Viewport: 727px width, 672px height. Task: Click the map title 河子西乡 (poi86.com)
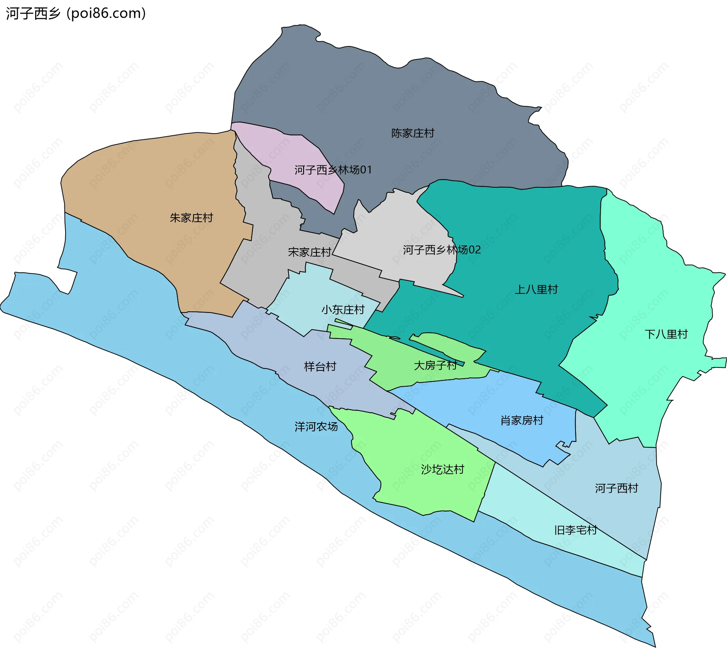[76, 14]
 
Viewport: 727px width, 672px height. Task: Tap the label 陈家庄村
[412, 133]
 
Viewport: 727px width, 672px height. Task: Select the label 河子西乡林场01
[333, 170]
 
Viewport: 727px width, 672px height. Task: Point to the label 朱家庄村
[191, 218]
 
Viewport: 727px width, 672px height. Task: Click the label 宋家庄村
[309, 252]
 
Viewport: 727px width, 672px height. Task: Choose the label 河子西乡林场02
[442, 250]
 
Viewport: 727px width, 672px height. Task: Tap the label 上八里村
[536, 289]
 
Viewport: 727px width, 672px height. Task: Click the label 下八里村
[666, 334]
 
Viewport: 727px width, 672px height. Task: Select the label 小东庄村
[343, 310]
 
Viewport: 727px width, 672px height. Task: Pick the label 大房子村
[435, 365]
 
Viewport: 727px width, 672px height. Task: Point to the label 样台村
[320, 367]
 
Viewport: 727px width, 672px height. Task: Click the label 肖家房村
[521, 420]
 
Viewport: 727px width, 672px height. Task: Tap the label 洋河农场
[316, 427]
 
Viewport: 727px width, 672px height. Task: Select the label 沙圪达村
[442, 470]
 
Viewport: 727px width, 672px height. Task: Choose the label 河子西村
[616, 488]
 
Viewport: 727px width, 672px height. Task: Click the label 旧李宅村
[575, 530]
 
